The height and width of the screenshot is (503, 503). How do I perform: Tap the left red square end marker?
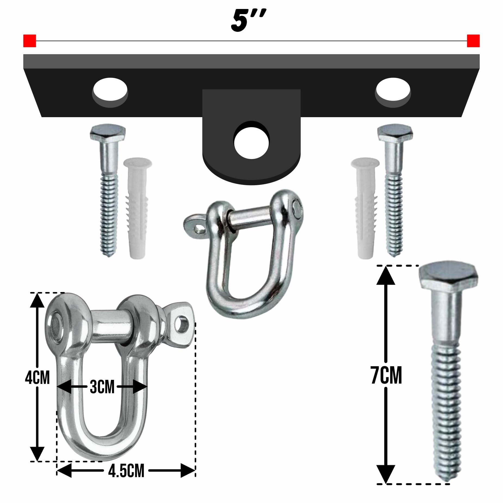pyautogui.click(x=30, y=41)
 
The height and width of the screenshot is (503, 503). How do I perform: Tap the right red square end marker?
pyautogui.click(x=473, y=41)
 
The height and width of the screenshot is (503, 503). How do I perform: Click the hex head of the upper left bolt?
pyautogui.click(x=108, y=133)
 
